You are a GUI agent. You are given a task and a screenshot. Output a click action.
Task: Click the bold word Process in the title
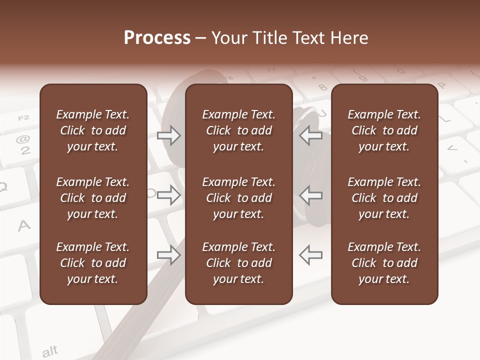(x=157, y=38)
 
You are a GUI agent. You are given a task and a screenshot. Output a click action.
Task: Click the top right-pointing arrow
(x=169, y=135)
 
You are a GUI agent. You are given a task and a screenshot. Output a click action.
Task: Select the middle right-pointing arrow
(x=169, y=195)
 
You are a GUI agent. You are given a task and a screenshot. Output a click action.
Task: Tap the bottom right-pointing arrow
(x=169, y=255)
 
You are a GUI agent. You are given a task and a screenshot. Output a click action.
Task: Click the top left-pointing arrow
(x=310, y=135)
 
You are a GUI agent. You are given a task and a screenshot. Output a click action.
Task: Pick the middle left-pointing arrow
(x=310, y=195)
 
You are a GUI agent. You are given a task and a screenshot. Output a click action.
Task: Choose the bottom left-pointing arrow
(x=310, y=254)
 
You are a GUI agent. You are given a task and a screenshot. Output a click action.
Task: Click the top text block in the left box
(x=93, y=130)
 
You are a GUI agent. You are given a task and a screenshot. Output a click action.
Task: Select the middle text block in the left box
(x=93, y=198)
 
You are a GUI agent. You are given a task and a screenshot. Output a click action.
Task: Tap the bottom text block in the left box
(x=93, y=263)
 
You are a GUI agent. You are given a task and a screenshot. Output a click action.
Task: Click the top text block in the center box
(x=238, y=130)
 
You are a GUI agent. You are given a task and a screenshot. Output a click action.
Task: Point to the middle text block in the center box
(x=238, y=198)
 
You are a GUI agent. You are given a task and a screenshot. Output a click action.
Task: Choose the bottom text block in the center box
(x=238, y=263)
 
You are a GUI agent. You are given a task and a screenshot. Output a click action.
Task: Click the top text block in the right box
(x=384, y=130)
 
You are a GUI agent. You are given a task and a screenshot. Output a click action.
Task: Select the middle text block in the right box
(x=384, y=198)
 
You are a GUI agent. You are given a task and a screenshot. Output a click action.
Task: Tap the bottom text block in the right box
(x=384, y=263)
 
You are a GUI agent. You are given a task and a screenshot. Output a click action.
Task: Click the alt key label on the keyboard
(x=49, y=351)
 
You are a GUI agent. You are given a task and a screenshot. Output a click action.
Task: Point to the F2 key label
(x=23, y=118)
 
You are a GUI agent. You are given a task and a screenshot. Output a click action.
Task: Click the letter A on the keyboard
(x=24, y=226)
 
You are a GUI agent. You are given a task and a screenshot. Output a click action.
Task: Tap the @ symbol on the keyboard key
(x=23, y=139)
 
